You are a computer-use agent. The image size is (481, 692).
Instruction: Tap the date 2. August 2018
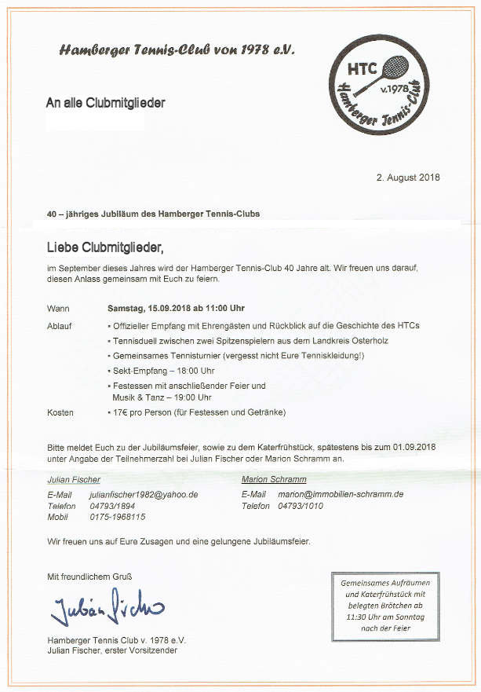point(409,177)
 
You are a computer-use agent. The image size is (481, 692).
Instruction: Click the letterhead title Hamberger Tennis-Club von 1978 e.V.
point(177,49)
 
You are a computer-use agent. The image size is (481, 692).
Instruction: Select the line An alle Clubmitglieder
point(106,102)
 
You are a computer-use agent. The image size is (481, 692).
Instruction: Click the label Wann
point(58,308)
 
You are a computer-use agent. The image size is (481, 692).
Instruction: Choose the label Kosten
point(60,412)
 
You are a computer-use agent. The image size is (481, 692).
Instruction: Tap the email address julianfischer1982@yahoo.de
point(144,495)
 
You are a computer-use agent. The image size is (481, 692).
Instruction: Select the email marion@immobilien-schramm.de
point(341,494)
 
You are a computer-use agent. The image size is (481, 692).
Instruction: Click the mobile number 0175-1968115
point(117,517)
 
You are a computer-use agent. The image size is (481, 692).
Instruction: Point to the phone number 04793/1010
point(301,506)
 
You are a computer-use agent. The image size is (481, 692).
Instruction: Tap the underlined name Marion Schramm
point(274,479)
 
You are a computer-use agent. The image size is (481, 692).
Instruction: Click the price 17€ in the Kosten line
point(118,412)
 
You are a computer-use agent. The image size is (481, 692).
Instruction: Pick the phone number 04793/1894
point(111,506)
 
